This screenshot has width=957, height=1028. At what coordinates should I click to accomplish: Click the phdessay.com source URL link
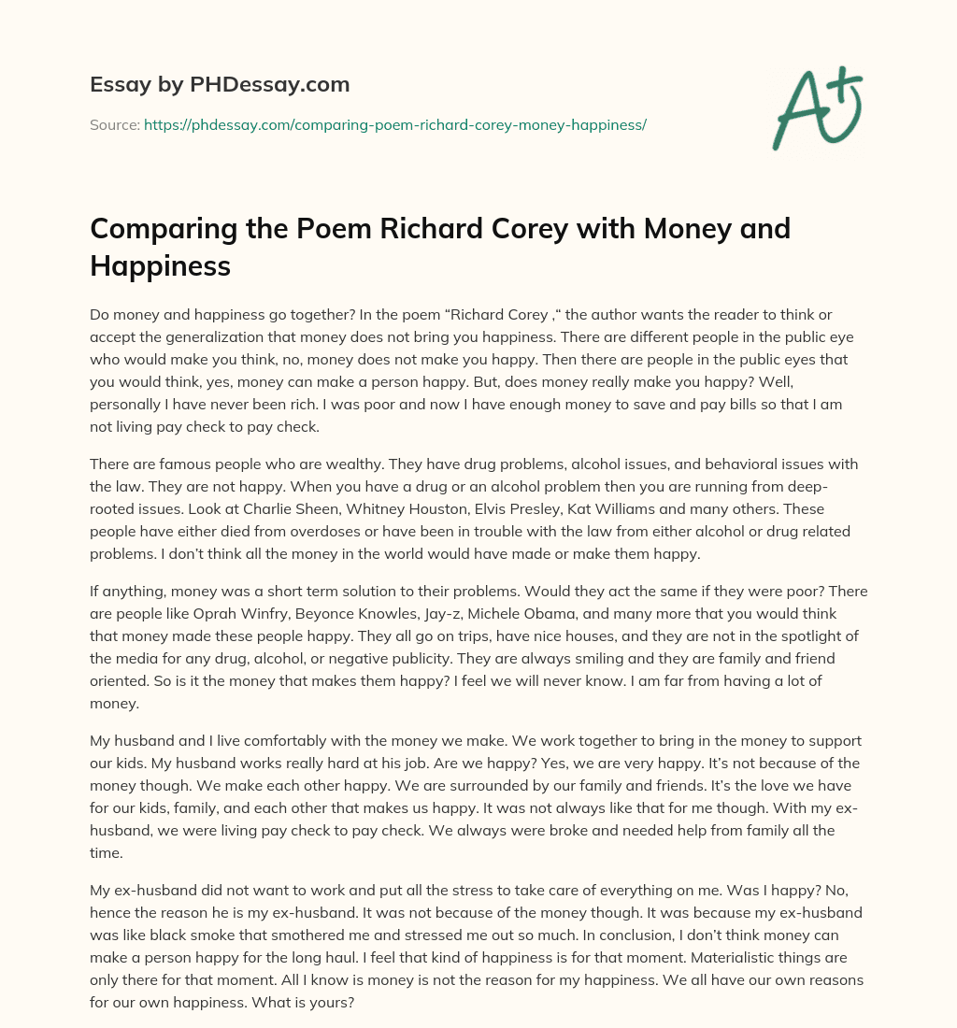[x=395, y=124]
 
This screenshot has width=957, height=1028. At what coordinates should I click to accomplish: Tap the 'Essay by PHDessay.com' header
[x=220, y=85]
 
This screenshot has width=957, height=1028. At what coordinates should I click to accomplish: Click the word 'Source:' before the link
[x=114, y=124]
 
